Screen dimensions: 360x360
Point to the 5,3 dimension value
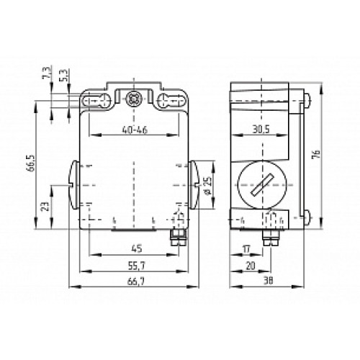(x=64, y=75)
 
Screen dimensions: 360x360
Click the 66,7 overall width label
(x=133, y=282)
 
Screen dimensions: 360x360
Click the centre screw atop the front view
(x=132, y=99)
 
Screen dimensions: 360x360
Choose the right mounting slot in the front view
(x=170, y=102)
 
